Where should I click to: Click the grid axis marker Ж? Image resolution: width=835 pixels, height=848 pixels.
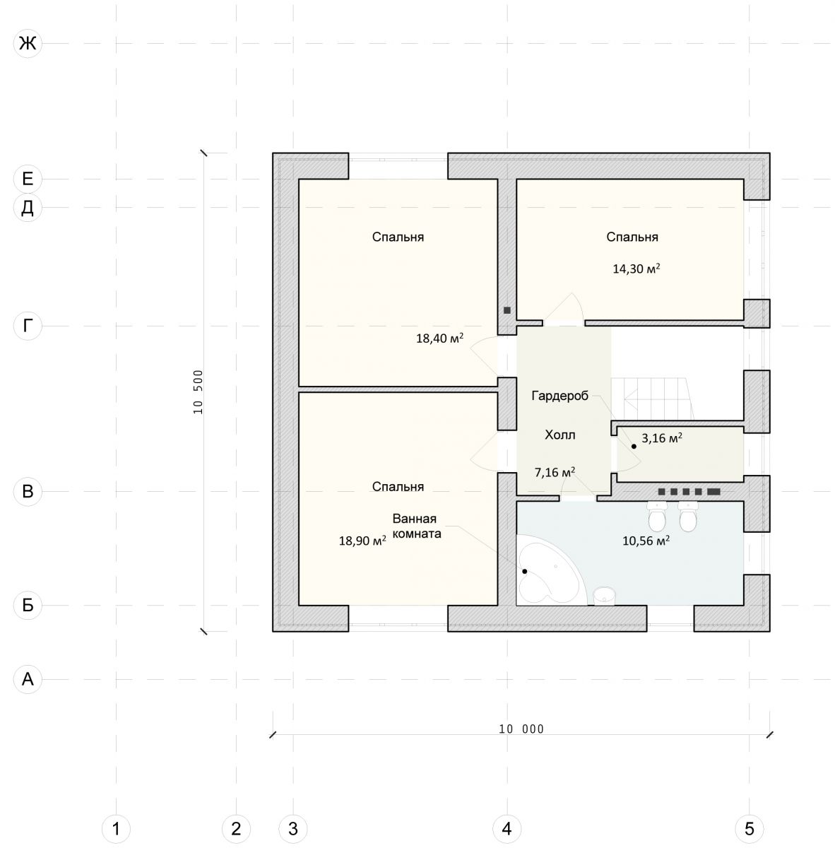pos(28,44)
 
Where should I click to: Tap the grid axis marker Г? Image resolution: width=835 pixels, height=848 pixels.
pos(28,326)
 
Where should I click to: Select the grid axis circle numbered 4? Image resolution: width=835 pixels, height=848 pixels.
pos(507,829)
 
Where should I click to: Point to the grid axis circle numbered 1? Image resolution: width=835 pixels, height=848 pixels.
pos(116,829)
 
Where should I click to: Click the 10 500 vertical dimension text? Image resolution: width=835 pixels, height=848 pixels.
pos(199,391)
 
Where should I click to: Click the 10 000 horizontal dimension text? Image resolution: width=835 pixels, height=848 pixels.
pos(521,729)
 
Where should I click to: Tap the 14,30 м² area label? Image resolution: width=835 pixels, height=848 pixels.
pos(636,269)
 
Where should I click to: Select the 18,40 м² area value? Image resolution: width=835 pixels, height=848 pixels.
pos(439,338)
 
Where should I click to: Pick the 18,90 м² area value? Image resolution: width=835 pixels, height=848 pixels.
pos(362,541)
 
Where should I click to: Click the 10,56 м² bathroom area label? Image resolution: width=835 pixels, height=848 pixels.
pos(646,541)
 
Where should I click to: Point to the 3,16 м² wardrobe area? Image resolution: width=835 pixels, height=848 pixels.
pos(662,438)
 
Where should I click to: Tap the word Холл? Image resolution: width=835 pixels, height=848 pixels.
pos(560,435)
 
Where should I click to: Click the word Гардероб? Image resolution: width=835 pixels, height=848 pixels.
pos(559,396)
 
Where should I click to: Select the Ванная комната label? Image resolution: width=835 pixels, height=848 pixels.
pos(417,526)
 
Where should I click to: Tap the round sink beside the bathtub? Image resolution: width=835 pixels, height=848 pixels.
pos(604,596)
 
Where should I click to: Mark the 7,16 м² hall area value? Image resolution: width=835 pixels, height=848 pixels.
pos(555,472)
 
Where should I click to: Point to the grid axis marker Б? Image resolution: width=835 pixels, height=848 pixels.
pos(28,605)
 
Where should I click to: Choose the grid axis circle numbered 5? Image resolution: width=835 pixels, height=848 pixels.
pos(750,829)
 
